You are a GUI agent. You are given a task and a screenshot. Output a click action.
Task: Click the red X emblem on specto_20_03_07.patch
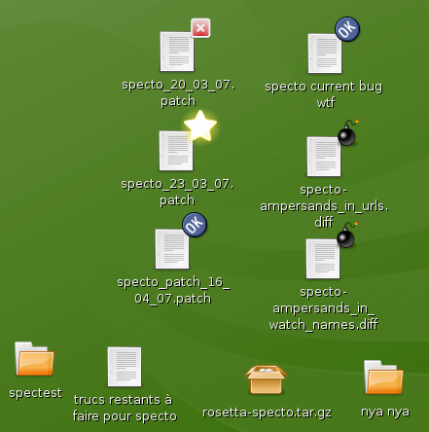(x=200, y=28)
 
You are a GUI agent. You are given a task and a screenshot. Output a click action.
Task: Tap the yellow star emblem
(x=200, y=126)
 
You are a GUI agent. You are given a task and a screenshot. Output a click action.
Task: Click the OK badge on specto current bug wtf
(x=347, y=29)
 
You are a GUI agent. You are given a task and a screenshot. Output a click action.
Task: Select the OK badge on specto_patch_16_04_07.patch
(x=195, y=225)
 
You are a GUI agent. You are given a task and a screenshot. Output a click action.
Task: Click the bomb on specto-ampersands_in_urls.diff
(x=347, y=133)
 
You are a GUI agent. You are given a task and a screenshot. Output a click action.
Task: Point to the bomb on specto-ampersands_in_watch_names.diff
(x=346, y=235)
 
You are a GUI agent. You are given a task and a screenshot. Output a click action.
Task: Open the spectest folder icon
(x=34, y=359)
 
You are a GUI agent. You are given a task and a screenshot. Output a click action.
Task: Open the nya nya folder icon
(x=383, y=378)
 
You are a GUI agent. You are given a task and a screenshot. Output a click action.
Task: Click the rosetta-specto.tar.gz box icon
(x=266, y=379)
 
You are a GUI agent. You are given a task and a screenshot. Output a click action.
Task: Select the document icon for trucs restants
(x=125, y=367)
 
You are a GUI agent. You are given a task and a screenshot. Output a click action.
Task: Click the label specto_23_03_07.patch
(x=177, y=192)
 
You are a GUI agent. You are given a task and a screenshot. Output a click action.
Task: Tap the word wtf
(x=326, y=103)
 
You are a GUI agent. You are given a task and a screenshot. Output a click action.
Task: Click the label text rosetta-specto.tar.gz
(x=267, y=413)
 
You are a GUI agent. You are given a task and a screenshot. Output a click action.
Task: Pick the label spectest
(x=35, y=393)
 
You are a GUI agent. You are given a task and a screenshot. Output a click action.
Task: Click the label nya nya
(x=385, y=412)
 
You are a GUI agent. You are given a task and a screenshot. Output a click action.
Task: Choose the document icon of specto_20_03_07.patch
(x=177, y=52)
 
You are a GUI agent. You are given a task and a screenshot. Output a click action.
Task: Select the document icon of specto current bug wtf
(x=325, y=54)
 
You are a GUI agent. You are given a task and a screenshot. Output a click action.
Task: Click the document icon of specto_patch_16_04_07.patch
(x=172, y=249)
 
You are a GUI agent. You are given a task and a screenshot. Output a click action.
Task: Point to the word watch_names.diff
(x=324, y=325)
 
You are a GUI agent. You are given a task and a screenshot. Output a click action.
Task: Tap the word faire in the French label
(x=87, y=416)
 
